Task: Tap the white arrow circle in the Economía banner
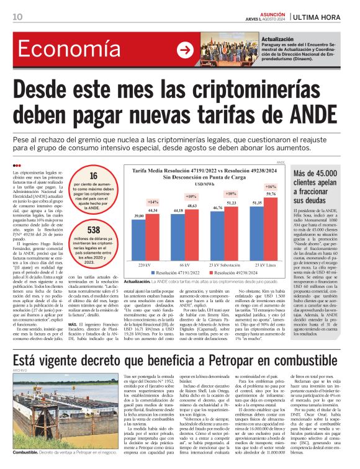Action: point(185,51)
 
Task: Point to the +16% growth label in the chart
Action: point(271,187)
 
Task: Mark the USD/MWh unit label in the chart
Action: point(204,184)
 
